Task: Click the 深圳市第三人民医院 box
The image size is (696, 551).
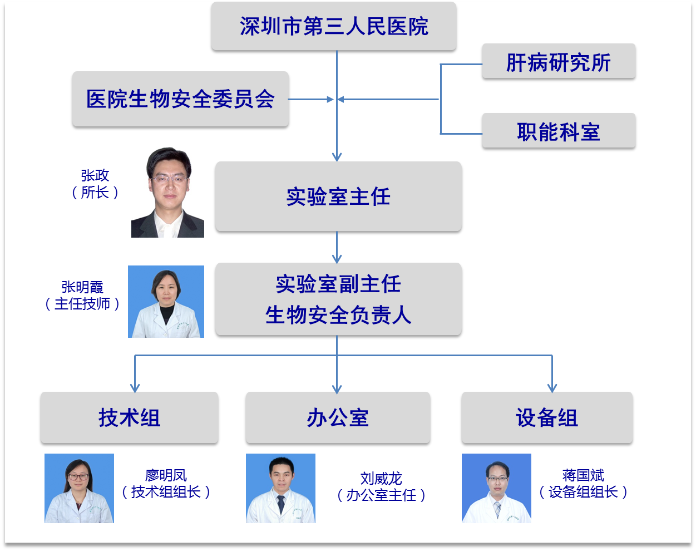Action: click(x=334, y=27)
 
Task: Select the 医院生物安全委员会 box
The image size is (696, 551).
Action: click(x=180, y=99)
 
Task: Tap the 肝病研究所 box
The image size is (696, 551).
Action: click(x=559, y=62)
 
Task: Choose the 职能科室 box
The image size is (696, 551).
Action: click(x=559, y=131)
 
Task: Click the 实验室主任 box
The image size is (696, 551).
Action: click(x=338, y=196)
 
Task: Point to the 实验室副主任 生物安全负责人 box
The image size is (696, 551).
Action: click(x=338, y=299)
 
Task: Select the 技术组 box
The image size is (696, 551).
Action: click(x=129, y=417)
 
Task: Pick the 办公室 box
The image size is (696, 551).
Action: click(x=338, y=417)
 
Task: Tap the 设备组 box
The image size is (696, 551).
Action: click(x=547, y=417)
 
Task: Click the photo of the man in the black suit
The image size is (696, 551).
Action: click(x=167, y=193)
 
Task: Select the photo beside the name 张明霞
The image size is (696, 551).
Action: click(x=166, y=302)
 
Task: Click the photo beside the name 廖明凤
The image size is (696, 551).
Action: click(x=79, y=488)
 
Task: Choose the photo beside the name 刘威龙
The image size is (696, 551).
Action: click(x=280, y=488)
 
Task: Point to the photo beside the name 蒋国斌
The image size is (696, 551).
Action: click(x=496, y=488)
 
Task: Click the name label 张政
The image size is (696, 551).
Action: click(x=95, y=176)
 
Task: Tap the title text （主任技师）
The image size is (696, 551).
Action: click(x=82, y=304)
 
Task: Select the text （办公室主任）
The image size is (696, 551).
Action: click(x=381, y=495)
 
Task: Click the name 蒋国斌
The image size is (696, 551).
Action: click(x=583, y=475)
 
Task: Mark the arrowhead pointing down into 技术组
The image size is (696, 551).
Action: click(x=135, y=387)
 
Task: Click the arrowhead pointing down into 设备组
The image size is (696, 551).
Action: click(x=552, y=387)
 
